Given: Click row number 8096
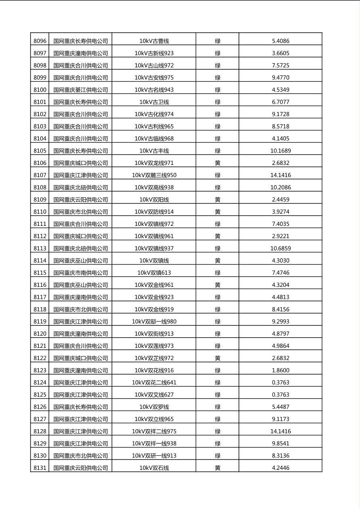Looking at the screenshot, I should click(40, 41).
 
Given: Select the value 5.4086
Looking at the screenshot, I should click(280, 41).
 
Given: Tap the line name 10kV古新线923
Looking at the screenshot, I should click(154, 53).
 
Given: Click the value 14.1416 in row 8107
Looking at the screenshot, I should click(280, 175).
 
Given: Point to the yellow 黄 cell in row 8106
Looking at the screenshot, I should click(218, 163).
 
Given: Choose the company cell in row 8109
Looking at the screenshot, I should click(81, 199).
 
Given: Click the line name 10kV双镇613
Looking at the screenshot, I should click(154, 273).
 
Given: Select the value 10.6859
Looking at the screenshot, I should click(280, 248).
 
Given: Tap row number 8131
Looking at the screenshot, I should click(40, 468).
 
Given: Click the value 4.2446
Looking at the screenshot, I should click(280, 468).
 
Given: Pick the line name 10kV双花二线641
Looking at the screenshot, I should click(154, 382).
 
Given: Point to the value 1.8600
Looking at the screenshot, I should click(280, 370).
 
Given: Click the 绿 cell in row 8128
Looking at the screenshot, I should click(218, 431).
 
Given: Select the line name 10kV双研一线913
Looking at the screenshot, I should click(154, 455).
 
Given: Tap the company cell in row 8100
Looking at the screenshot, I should click(81, 90).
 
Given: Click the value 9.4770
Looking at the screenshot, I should click(280, 77).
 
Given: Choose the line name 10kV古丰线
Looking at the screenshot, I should click(154, 150).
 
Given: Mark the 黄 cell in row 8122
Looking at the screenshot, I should click(218, 358).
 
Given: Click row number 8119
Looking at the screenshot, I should click(40, 321).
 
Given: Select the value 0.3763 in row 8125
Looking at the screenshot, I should click(280, 394).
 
